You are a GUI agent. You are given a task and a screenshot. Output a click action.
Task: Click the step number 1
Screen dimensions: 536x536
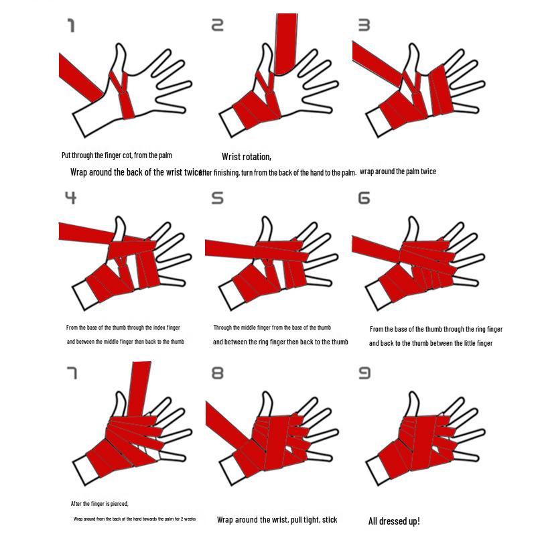pyautogui.click(x=70, y=26)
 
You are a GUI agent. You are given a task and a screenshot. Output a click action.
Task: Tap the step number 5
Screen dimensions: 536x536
pyautogui.click(x=217, y=198)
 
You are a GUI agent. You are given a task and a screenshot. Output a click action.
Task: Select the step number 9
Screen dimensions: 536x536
pyautogui.click(x=364, y=373)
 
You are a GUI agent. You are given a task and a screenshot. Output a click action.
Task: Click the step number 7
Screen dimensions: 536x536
pyautogui.click(x=72, y=373)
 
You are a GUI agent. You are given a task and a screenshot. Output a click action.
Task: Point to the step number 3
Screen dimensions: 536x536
pyautogui.click(x=364, y=25)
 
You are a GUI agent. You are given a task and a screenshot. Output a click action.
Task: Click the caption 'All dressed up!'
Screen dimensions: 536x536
pyautogui.click(x=394, y=521)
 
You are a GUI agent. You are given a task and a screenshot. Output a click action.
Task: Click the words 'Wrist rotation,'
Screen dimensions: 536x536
pyautogui.click(x=247, y=157)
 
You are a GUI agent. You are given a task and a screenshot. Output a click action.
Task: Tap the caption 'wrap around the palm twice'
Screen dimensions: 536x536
pyautogui.click(x=398, y=172)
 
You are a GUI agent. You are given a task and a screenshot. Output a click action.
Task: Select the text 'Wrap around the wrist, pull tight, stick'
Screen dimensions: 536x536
pyautogui.click(x=277, y=519)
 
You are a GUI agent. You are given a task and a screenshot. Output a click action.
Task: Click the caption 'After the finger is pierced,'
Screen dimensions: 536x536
pyautogui.click(x=100, y=503)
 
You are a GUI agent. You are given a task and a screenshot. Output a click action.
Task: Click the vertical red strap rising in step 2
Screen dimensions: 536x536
pyautogui.click(x=286, y=40)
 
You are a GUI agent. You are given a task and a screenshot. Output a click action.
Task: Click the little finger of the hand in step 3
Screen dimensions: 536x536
pyautogui.click(x=468, y=108)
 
